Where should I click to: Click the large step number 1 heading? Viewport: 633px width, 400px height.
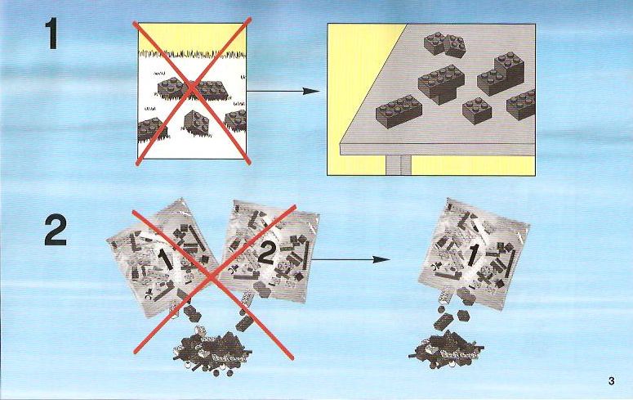[x=52, y=34]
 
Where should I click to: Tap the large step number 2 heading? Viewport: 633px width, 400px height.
[x=56, y=230]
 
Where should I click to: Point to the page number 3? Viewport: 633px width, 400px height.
[x=611, y=381]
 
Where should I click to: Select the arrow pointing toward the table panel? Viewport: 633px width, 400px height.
[x=283, y=91]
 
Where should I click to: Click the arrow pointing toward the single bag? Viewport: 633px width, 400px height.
[x=351, y=259]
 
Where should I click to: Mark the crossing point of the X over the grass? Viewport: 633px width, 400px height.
[x=193, y=90]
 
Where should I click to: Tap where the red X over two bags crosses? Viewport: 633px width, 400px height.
[x=212, y=278]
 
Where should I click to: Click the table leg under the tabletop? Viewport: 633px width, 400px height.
[x=399, y=165]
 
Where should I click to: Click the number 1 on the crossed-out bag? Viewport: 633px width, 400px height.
[x=166, y=258]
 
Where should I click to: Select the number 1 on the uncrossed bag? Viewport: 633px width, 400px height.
[x=472, y=255]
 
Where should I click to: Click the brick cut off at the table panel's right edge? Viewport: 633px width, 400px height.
[x=522, y=105]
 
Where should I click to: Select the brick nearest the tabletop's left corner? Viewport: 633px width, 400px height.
[x=399, y=111]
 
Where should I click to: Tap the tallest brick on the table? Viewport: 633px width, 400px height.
[x=501, y=74]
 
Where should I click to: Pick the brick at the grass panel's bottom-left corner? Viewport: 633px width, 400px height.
[x=150, y=130]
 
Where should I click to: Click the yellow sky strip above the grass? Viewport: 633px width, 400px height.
[x=192, y=38]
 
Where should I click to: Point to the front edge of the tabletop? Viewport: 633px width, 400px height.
[x=438, y=150]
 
